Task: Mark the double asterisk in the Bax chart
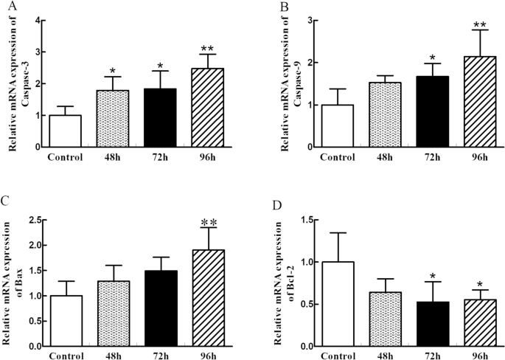click(x=209, y=219)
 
